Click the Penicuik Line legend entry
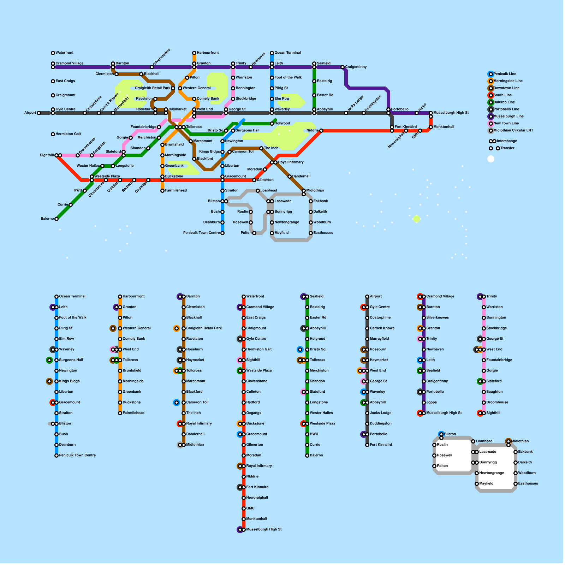pos(505,74)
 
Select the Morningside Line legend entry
pos(508,81)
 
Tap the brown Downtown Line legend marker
pos(491,88)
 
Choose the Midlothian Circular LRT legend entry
pos(513,130)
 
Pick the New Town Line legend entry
pos(506,123)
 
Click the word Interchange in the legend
pos(507,141)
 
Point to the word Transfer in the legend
pos(507,148)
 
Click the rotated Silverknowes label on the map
pos(161,57)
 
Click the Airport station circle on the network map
pos(39,113)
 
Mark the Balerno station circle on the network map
pos(56,219)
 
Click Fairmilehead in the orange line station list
pos(133,413)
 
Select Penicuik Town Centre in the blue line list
pos(77,455)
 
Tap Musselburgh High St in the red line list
pos(264,529)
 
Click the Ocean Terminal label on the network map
pos(287,53)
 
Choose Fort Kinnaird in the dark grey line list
pos(381,445)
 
